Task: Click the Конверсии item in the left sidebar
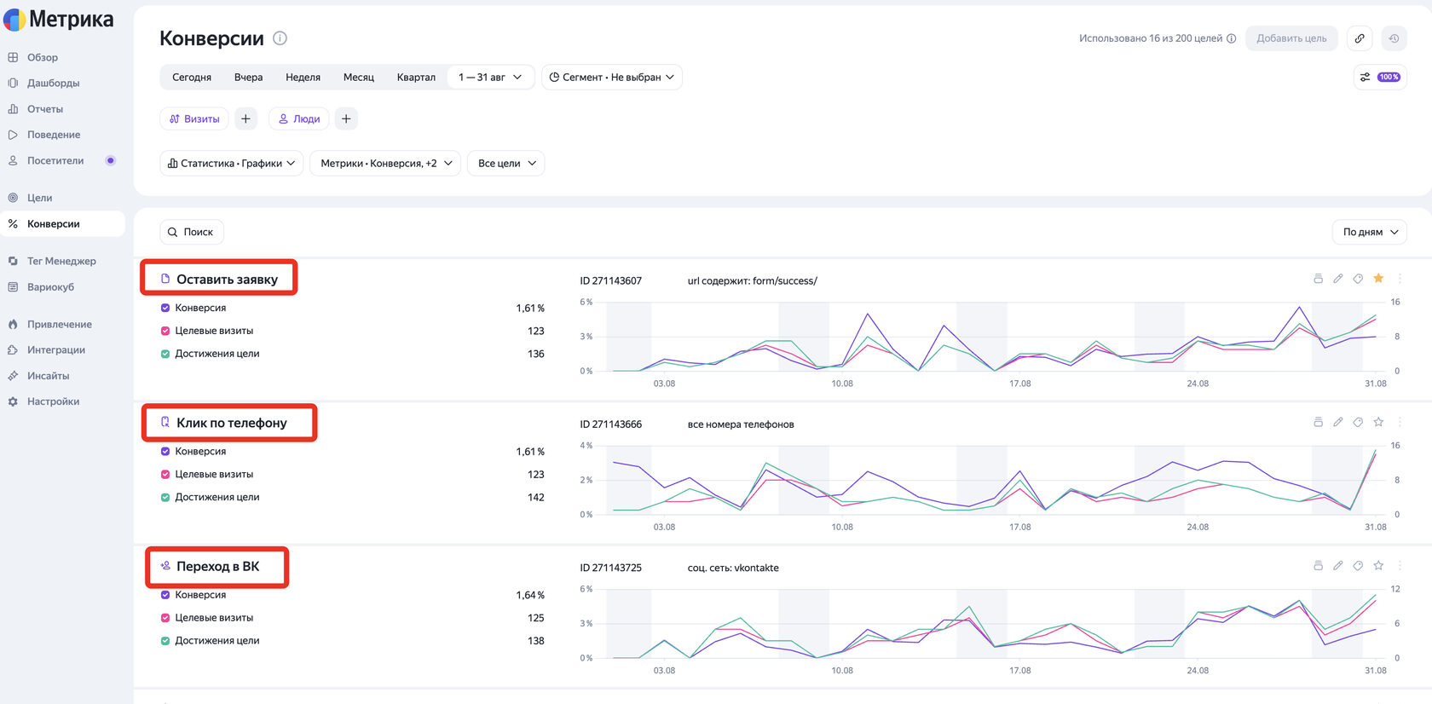(x=53, y=224)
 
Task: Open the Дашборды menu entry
(x=53, y=84)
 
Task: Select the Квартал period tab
(x=416, y=78)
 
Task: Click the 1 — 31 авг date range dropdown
(x=489, y=78)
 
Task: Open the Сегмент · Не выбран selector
(x=612, y=78)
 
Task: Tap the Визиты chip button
(x=194, y=119)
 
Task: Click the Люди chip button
(x=298, y=119)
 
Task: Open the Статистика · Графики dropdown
(x=232, y=163)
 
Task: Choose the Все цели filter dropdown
(x=505, y=163)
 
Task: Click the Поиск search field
(x=191, y=232)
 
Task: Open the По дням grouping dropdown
(x=1369, y=232)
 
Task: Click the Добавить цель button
(x=1291, y=38)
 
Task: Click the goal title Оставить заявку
(x=227, y=280)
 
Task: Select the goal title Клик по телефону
(x=232, y=423)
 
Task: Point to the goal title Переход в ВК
(x=218, y=567)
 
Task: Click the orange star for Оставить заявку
(x=1378, y=278)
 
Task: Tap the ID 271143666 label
(x=610, y=424)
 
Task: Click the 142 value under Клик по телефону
(x=535, y=498)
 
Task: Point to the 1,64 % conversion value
(x=530, y=595)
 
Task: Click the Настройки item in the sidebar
(x=53, y=401)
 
